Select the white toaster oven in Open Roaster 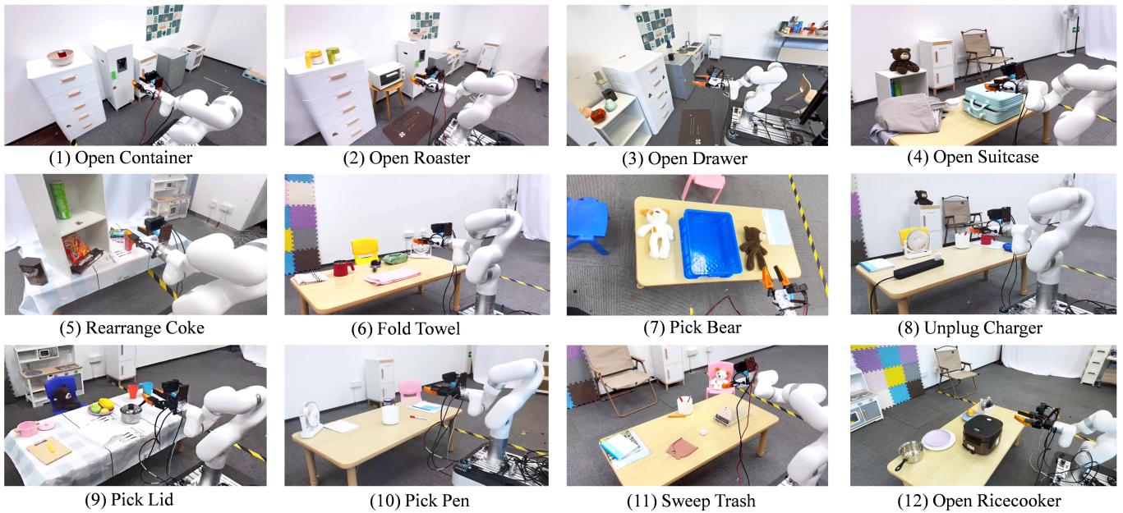pyautogui.click(x=385, y=77)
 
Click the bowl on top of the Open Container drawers pyautogui.click(x=60, y=57)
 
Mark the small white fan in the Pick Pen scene pyautogui.click(x=308, y=415)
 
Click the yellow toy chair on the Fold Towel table pyautogui.click(x=364, y=250)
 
